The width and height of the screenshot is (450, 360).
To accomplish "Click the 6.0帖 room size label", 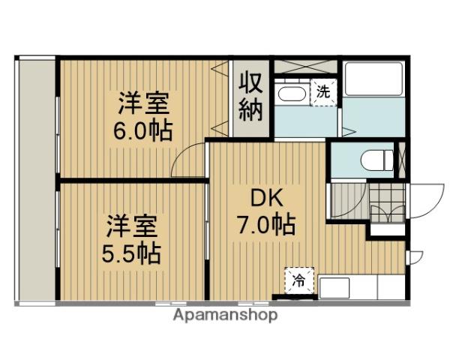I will point(142,131).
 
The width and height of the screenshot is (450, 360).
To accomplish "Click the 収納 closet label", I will point(250,97).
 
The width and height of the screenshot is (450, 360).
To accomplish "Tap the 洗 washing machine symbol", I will point(324,92).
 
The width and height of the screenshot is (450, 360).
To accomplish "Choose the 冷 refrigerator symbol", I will point(298,282).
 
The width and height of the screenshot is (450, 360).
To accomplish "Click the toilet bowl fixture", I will point(373,159).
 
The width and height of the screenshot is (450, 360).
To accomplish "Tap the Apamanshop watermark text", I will point(225,315).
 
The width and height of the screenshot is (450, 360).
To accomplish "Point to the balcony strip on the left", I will point(35,180).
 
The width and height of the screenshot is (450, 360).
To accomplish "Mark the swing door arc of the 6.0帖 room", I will point(189,162).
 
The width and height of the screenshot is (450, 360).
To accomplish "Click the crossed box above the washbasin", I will point(307,65).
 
